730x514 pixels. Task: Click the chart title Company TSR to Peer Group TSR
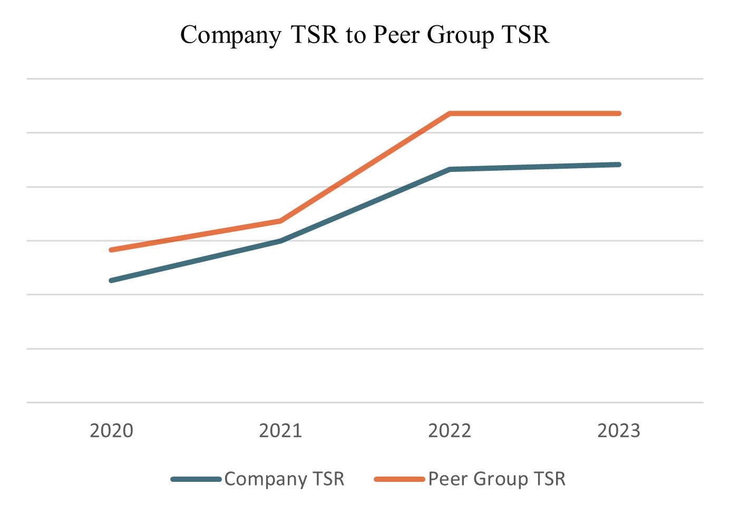tap(365, 35)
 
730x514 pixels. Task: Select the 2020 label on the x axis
tap(111, 431)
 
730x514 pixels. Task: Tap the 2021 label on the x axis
tap(280, 431)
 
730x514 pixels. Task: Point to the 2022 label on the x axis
tap(450, 431)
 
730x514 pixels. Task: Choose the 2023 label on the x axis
tap(619, 431)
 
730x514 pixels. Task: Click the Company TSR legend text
tap(284, 479)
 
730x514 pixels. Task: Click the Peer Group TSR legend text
tap(497, 479)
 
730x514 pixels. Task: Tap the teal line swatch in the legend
tap(196, 479)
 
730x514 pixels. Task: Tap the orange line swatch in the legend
tap(399, 479)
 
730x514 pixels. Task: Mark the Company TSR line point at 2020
tap(111, 280)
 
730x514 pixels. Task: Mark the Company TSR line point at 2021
tap(280, 241)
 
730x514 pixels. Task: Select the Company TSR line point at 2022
tap(450, 169)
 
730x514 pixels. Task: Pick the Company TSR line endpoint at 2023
tap(619, 164)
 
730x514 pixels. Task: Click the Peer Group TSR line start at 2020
tap(111, 250)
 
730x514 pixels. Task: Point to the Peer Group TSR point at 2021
tap(280, 221)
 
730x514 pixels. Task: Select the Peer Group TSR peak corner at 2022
tap(450, 113)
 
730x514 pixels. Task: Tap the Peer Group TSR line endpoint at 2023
tap(619, 113)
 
